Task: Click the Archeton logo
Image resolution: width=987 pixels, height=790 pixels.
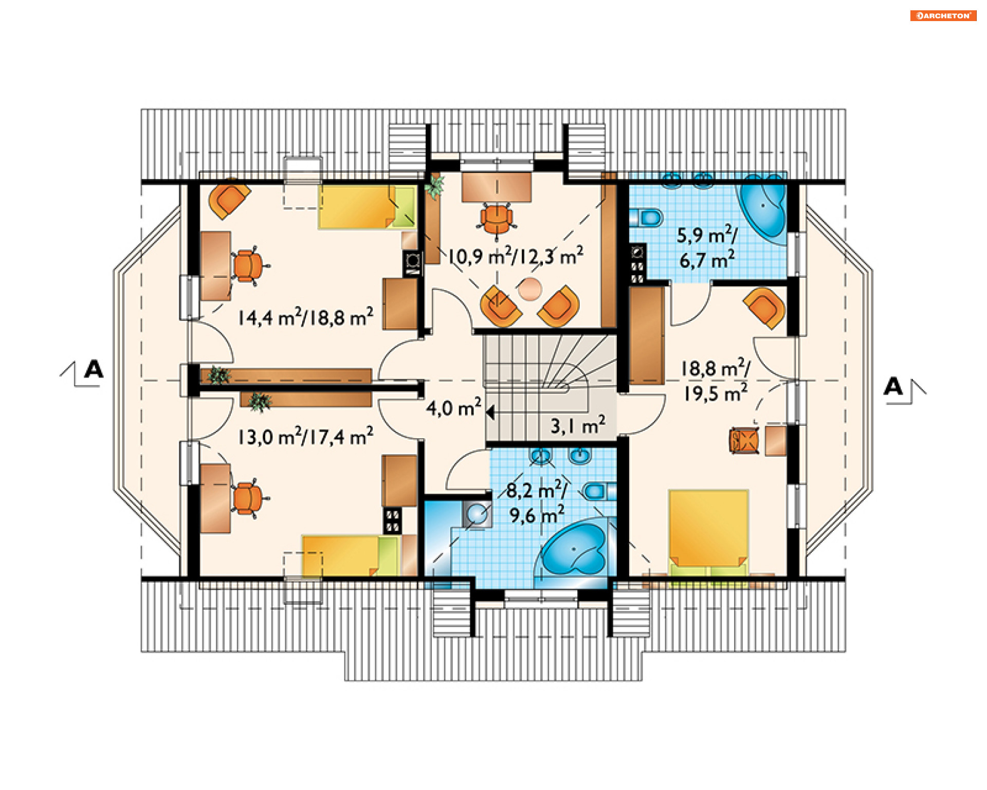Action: [x=943, y=15]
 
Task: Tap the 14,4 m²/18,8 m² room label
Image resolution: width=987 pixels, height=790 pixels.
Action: [x=305, y=317]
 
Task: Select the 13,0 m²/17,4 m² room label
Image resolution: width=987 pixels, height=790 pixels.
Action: [x=305, y=437]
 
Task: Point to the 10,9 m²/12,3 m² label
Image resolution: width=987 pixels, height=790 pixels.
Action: [x=516, y=256]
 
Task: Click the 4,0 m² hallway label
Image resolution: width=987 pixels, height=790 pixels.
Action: [x=454, y=407]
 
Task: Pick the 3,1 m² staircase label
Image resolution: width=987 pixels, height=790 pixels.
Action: [x=578, y=425]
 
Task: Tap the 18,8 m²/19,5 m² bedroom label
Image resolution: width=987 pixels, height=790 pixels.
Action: [x=715, y=381]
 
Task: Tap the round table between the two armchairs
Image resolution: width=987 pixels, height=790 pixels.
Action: [x=529, y=289]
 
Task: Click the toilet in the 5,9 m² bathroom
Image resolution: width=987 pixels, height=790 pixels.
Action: [x=646, y=218]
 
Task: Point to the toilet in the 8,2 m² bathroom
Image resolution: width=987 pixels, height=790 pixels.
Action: [x=599, y=491]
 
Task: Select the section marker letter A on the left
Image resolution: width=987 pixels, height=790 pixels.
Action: [x=94, y=369]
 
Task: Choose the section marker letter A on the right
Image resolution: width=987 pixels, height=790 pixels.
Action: [x=893, y=386]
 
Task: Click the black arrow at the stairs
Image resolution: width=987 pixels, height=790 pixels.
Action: [x=490, y=412]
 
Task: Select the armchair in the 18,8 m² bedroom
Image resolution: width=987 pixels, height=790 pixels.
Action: [x=765, y=308]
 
